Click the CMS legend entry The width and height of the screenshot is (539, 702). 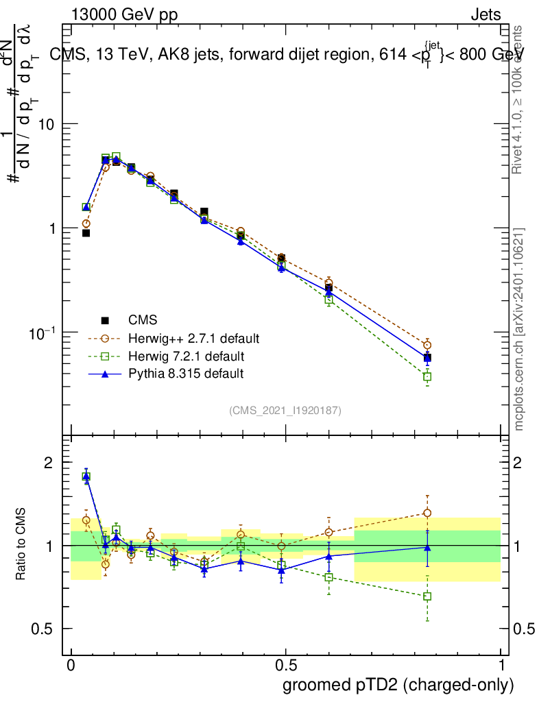click(143, 319)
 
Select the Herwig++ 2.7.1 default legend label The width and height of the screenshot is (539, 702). click(193, 338)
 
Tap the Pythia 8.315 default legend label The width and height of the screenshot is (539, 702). click(186, 374)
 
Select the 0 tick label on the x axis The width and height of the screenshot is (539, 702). click(71, 666)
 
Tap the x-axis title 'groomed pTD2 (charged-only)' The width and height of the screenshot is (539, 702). click(397, 684)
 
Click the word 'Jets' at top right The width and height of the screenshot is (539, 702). click(485, 15)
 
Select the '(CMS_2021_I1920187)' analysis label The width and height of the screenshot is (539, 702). click(285, 410)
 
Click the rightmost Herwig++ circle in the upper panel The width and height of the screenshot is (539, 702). click(427, 345)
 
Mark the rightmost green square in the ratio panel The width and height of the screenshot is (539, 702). click(427, 596)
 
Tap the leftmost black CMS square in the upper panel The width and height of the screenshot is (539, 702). click(86, 233)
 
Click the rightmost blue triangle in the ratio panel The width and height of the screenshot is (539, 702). click(427, 547)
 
